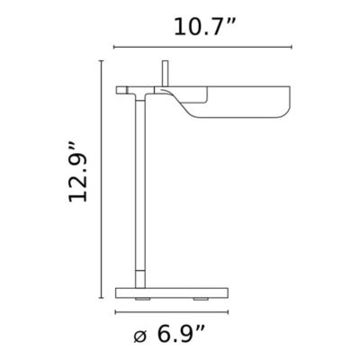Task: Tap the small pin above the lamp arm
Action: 165,73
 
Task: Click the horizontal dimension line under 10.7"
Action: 203,48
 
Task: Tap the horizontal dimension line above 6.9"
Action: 172,312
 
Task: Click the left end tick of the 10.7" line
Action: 114,48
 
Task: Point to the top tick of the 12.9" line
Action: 100,61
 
